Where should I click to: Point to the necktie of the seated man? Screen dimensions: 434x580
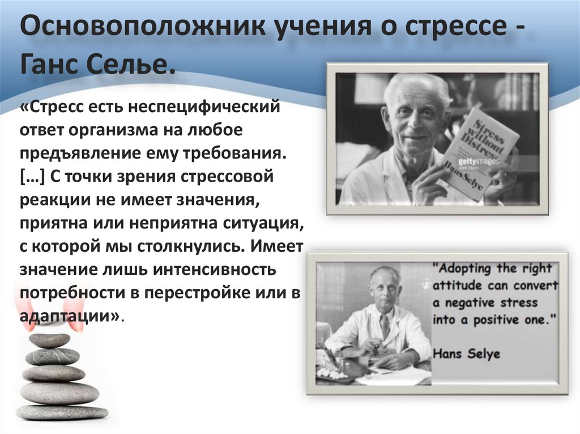[x=385, y=326]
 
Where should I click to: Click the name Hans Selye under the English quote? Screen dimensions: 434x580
[x=466, y=354]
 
